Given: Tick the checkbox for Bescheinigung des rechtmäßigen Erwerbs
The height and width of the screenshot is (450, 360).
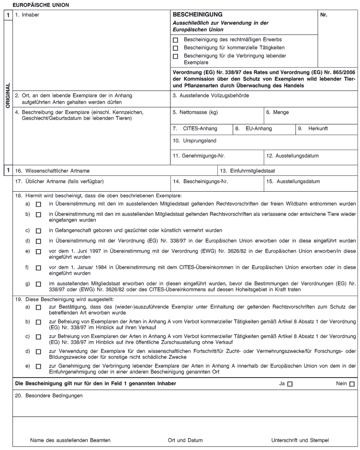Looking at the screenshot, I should (176, 40).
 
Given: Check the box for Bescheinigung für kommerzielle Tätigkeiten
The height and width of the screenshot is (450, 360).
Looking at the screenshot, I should (176, 48).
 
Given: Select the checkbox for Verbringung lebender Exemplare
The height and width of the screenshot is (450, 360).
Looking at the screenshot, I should (176, 56).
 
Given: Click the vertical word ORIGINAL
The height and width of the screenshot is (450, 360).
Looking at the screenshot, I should (7, 95).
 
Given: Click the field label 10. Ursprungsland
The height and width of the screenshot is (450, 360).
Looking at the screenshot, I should (194, 142).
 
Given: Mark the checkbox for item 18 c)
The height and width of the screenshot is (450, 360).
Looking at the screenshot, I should (38, 231).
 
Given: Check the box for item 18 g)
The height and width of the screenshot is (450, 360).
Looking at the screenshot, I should (38, 285).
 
